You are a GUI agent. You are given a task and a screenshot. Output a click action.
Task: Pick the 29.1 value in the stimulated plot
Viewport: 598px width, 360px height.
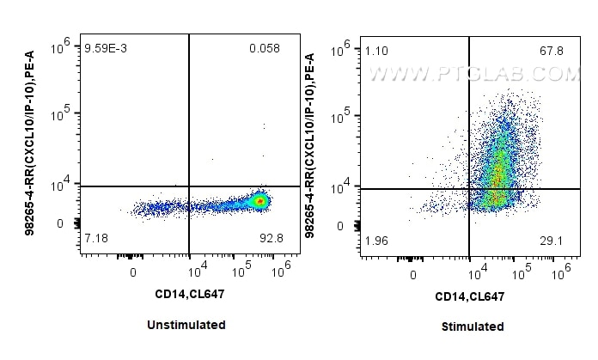pyautogui.click(x=551, y=241)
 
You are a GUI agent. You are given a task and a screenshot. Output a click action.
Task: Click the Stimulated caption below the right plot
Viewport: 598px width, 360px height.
pyautogui.click(x=473, y=326)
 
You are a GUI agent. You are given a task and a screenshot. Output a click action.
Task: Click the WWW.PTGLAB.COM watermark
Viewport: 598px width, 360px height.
pyautogui.click(x=473, y=76)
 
